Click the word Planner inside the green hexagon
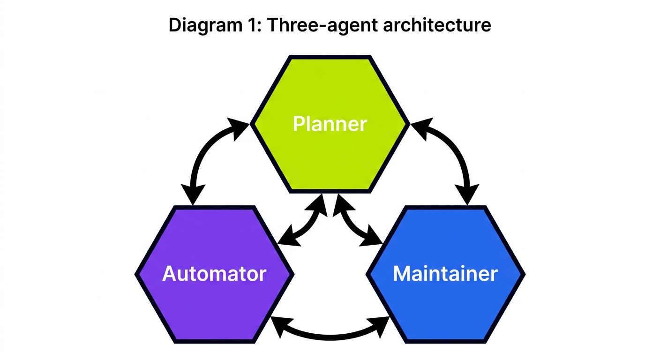[330, 124]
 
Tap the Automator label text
[214, 274]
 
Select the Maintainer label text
[445, 274]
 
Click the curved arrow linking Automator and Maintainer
[330, 336]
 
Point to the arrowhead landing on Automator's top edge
[193, 195]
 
